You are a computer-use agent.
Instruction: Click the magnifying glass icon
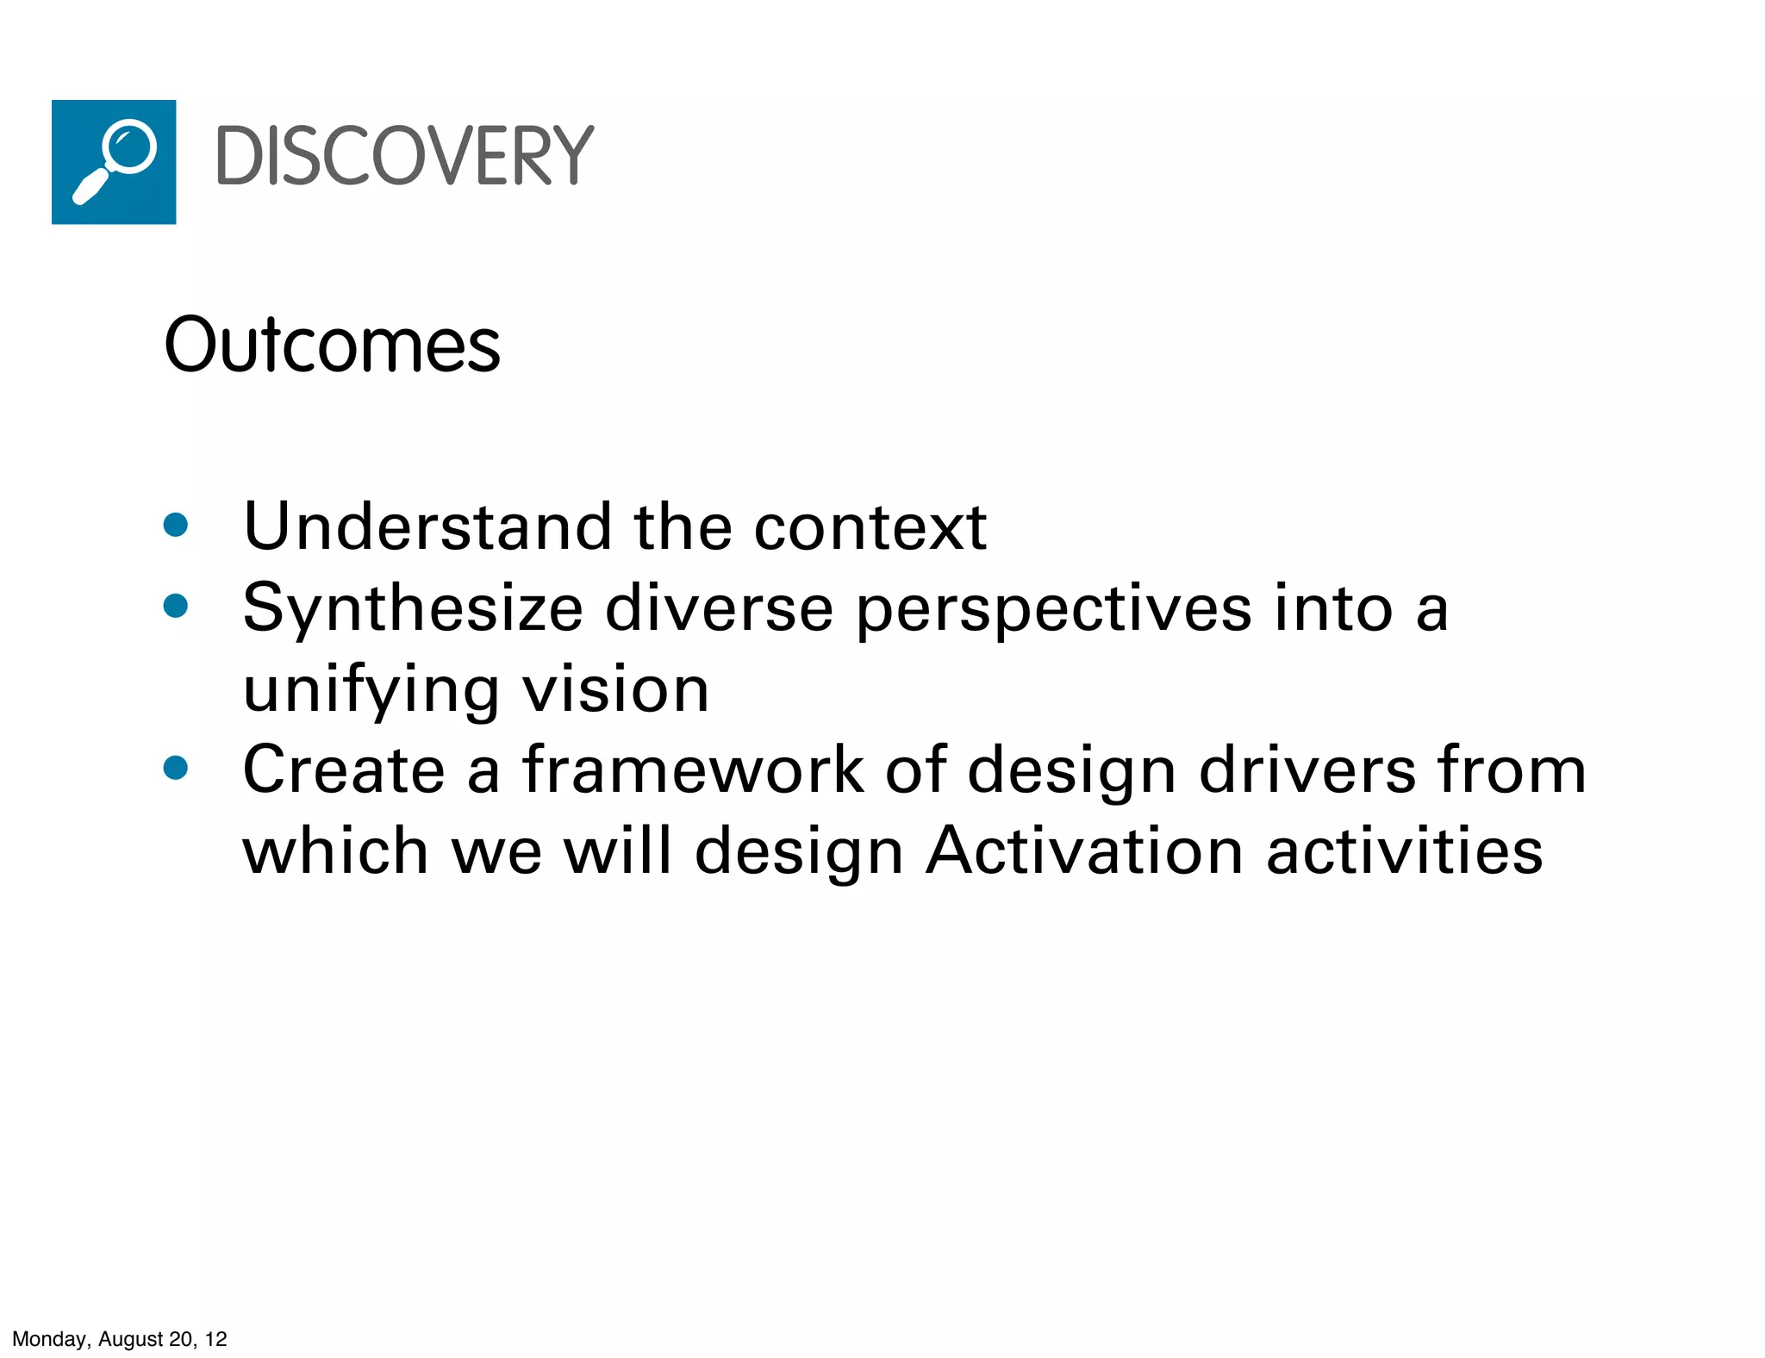[114, 162]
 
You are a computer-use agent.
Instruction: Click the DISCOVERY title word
[404, 156]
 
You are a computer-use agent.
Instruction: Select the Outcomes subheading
[332, 345]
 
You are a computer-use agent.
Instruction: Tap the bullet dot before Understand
[176, 525]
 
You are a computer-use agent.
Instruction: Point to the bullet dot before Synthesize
[176, 606]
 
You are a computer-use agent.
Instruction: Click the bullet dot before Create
[176, 767]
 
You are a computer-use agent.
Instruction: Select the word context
[870, 526]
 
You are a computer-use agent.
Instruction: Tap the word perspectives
[1054, 609]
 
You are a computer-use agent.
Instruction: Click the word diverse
[720, 607]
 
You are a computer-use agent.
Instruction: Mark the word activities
[1405, 850]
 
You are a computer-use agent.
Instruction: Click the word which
[335, 850]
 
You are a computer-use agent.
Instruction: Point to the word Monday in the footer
[49, 1339]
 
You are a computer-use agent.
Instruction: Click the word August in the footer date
[130, 1339]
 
